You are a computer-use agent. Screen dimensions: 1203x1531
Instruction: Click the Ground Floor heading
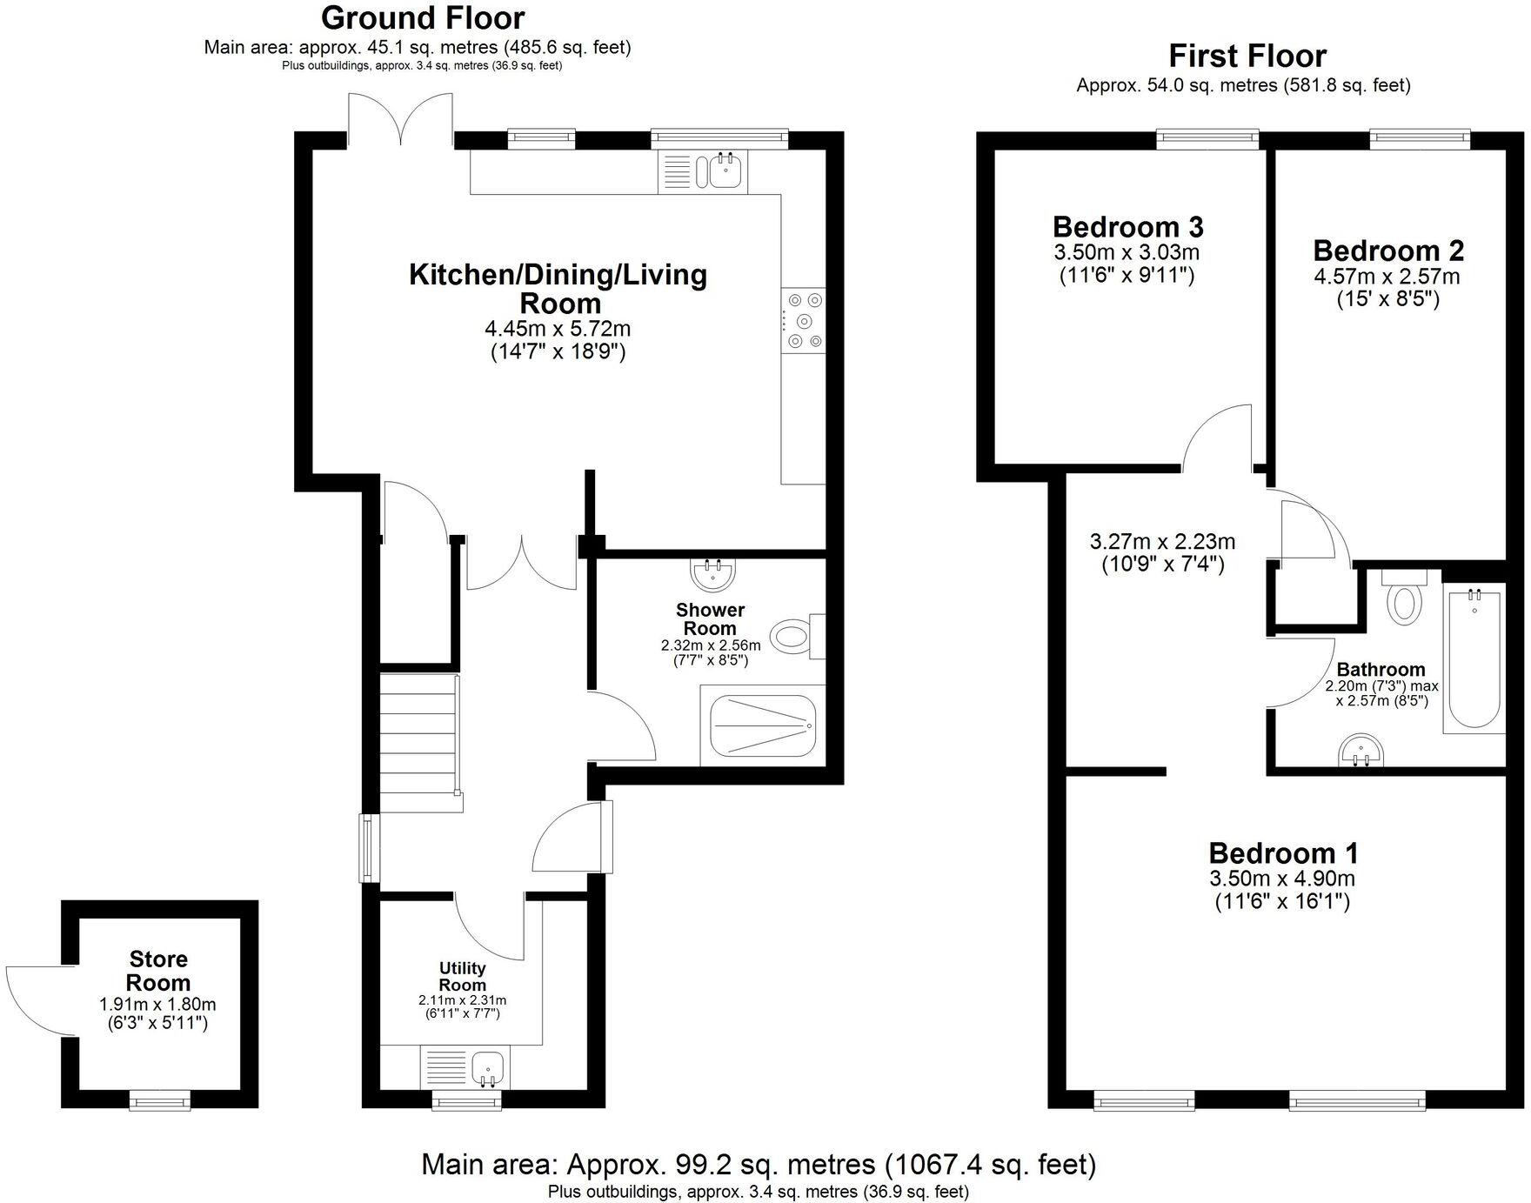pos(423,17)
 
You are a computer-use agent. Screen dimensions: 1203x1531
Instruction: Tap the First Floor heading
pos(1247,56)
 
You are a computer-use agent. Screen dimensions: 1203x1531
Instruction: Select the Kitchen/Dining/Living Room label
pos(558,288)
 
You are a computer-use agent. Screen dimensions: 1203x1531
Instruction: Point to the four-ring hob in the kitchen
pos(804,321)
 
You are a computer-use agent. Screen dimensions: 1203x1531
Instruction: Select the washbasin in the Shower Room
pos(713,573)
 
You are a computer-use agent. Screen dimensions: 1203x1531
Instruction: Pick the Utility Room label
pos(462,976)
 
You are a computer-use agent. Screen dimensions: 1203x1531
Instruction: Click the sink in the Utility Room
pos(489,1067)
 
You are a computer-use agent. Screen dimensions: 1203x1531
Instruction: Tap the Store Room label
pos(158,971)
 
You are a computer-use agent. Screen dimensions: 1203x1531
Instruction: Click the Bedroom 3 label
pos(1127,227)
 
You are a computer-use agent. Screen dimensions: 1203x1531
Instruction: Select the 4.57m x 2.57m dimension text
pos(1387,277)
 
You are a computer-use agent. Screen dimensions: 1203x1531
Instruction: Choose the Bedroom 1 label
pos(1283,852)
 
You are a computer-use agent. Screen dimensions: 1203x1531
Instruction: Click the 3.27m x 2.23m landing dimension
pos(1162,541)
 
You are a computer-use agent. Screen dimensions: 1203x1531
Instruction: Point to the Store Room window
pos(160,1102)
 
